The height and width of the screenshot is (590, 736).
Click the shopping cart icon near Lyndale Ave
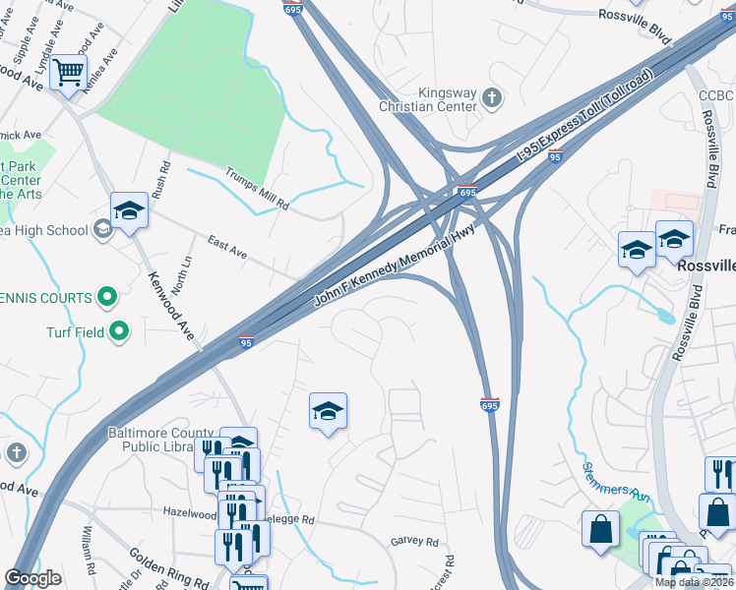tap(68, 72)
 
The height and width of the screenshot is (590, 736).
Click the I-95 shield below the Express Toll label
tap(555, 156)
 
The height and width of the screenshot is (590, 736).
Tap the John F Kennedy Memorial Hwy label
tap(387, 268)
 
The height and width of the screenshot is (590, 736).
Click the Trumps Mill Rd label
tap(258, 191)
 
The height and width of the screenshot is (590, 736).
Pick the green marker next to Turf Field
tap(119, 331)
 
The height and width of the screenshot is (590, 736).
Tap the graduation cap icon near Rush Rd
tap(129, 209)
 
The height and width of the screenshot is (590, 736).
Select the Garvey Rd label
tap(414, 542)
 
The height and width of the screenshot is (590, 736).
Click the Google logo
tap(32, 579)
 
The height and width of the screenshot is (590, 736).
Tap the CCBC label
tap(716, 95)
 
